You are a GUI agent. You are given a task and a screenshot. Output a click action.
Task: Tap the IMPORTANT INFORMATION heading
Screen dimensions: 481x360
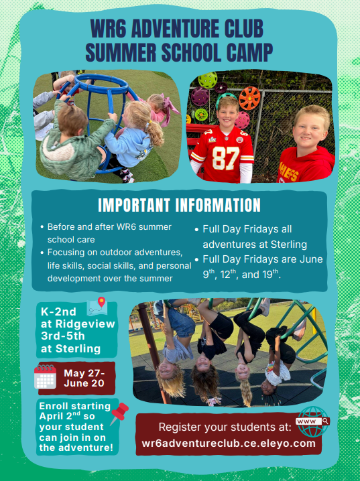coord(179,205)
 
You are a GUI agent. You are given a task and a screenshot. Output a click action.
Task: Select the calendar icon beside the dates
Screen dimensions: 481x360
coord(46,377)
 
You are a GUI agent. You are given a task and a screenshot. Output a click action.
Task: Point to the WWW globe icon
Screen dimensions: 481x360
coord(312,421)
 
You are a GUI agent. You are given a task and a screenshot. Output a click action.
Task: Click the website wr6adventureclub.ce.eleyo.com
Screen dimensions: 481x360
coord(229,443)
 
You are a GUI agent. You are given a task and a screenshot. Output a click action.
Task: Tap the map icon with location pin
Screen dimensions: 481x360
coord(99,308)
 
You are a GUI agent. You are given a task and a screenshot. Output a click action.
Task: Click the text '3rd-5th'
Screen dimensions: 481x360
coord(62,337)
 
